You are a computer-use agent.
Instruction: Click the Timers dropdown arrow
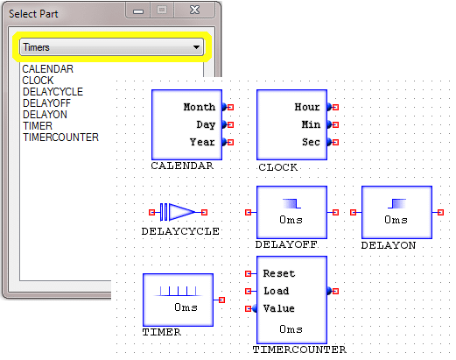(196, 47)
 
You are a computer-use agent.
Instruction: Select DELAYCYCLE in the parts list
(53, 92)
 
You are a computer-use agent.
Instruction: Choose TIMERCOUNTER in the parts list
(60, 138)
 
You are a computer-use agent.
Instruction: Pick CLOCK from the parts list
(38, 81)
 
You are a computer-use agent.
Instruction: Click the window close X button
(194, 11)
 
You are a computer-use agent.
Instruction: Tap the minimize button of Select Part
(138, 11)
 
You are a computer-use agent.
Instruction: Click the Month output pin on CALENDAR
(230, 108)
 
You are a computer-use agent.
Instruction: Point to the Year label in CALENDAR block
(202, 142)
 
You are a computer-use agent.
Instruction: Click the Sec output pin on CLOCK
(335, 143)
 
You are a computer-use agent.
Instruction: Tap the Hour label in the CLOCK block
(307, 107)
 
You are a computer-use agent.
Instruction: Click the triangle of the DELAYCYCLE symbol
(182, 212)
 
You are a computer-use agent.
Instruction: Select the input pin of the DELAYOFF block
(249, 212)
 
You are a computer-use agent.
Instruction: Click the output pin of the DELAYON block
(440, 212)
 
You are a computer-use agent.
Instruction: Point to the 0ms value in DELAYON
(396, 220)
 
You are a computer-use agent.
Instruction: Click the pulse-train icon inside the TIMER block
(178, 292)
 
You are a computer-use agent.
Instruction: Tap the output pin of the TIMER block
(221, 300)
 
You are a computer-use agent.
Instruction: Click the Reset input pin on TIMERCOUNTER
(249, 273)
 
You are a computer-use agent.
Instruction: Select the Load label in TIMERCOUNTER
(277, 291)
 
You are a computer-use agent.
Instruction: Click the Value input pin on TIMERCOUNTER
(249, 308)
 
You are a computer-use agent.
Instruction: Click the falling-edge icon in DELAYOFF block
(291, 203)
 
